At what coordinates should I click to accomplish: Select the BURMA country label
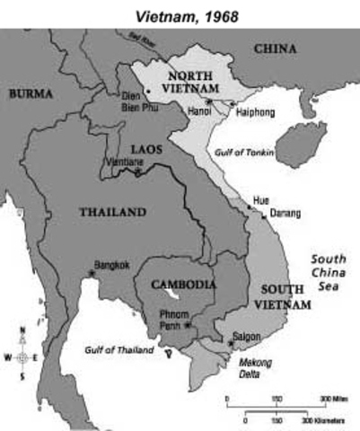click(x=31, y=92)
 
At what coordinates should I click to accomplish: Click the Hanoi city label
click(x=199, y=112)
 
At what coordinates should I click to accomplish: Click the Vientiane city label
click(x=125, y=161)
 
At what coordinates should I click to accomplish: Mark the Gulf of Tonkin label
click(x=245, y=153)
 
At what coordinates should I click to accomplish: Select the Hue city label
click(x=261, y=199)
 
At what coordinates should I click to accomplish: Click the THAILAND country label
click(x=111, y=212)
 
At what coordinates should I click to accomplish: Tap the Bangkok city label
click(x=111, y=264)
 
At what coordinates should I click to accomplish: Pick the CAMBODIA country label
click(x=183, y=284)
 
